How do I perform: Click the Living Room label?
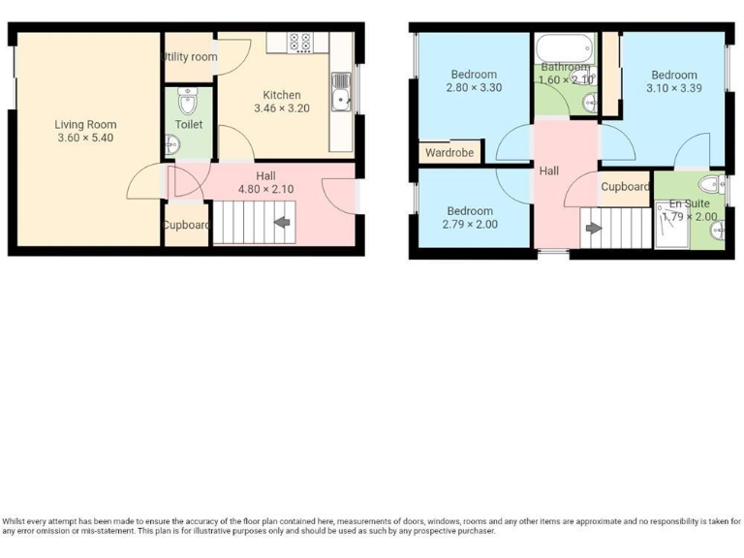pos(85,124)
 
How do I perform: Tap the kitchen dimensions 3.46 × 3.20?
pos(282,108)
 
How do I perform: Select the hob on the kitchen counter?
pos(300,42)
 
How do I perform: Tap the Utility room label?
pos(190,57)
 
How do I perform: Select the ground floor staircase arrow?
pos(282,223)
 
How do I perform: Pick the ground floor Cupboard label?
pos(186,225)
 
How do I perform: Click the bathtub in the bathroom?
pos(565,47)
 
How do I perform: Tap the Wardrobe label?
pos(449,153)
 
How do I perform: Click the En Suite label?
pos(690,203)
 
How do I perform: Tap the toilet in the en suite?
pos(711,184)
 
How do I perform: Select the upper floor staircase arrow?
pos(591,230)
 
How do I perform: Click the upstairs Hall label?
pos(549,170)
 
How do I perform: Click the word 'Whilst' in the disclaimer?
pos(17,520)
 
